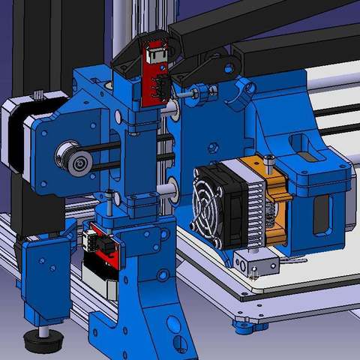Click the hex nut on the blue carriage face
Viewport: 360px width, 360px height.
pyautogui.click(x=211, y=145)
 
